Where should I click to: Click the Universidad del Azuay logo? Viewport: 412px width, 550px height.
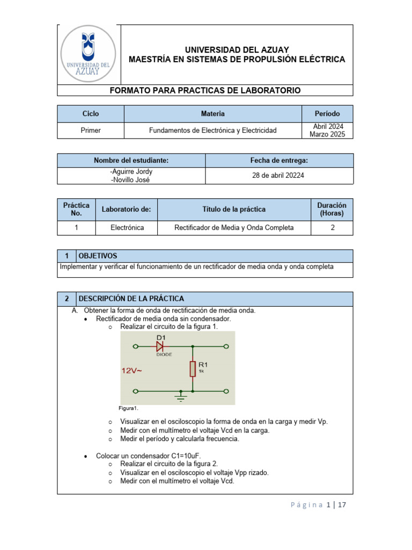(89, 54)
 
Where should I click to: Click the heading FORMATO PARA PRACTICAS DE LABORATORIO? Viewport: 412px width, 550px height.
(205, 90)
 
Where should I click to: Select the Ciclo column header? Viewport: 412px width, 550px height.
(91, 114)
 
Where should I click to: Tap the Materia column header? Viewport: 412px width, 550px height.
(212, 114)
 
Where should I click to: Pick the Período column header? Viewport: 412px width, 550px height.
(327, 114)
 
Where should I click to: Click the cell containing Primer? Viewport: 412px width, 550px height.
(91, 131)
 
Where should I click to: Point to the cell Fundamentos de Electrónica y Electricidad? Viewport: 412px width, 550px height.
(212, 131)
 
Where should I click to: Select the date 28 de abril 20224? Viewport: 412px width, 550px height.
(279, 176)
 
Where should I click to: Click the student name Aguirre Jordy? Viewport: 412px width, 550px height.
(131, 172)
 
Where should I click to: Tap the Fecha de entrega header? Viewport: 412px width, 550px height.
(279, 160)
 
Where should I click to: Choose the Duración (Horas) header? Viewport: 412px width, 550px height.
(332, 209)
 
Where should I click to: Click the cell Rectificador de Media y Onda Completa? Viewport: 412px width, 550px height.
(234, 228)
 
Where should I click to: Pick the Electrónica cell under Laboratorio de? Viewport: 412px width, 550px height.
(127, 228)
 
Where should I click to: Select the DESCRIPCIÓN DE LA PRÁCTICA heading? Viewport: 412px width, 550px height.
(131, 299)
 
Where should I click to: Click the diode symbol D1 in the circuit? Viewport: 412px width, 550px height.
(160, 347)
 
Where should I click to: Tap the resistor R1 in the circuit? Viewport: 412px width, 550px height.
(192, 368)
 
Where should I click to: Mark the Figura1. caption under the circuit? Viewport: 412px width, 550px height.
(129, 408)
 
